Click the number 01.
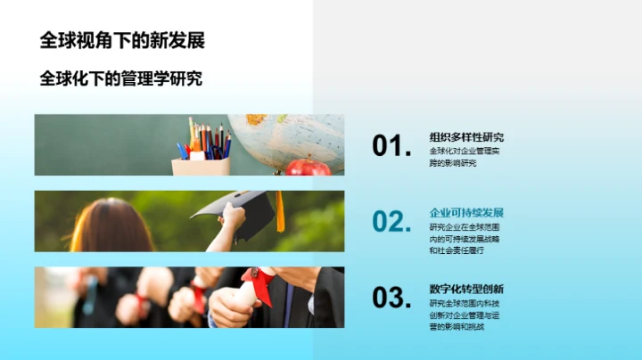tap(391, 146)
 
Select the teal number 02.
tap(391, 222)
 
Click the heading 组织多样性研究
tap(466, 137)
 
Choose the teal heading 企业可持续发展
tap(466, 213)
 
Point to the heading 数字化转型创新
tap(466, 289)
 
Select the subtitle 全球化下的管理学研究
tap(120, 78)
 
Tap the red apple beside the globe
tap(309, 167)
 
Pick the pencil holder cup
tap(201, 165)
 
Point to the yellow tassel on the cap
tap(279, 213)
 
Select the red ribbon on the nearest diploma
tap(259, 283)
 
